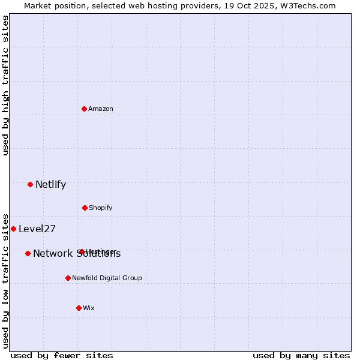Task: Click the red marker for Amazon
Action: (85, 109)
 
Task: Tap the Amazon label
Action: (101, 109)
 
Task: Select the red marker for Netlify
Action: (31, 184)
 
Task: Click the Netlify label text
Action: (50, 185)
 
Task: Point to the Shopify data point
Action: (85, 208)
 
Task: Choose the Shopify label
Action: (101, 208)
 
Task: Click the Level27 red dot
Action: (14, 229)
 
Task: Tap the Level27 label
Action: (37, 229)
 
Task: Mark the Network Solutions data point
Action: (28, 253)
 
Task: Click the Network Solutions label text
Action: (77, 254)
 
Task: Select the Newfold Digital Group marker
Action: (68, 278)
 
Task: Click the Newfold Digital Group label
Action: (107, 278)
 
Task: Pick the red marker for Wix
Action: (79, 308)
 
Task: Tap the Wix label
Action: (89, 308)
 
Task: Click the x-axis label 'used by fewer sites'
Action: (62, 355)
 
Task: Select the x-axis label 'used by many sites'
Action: (301, 355)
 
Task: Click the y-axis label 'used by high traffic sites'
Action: (6, 86)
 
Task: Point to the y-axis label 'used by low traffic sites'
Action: (6, 280)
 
